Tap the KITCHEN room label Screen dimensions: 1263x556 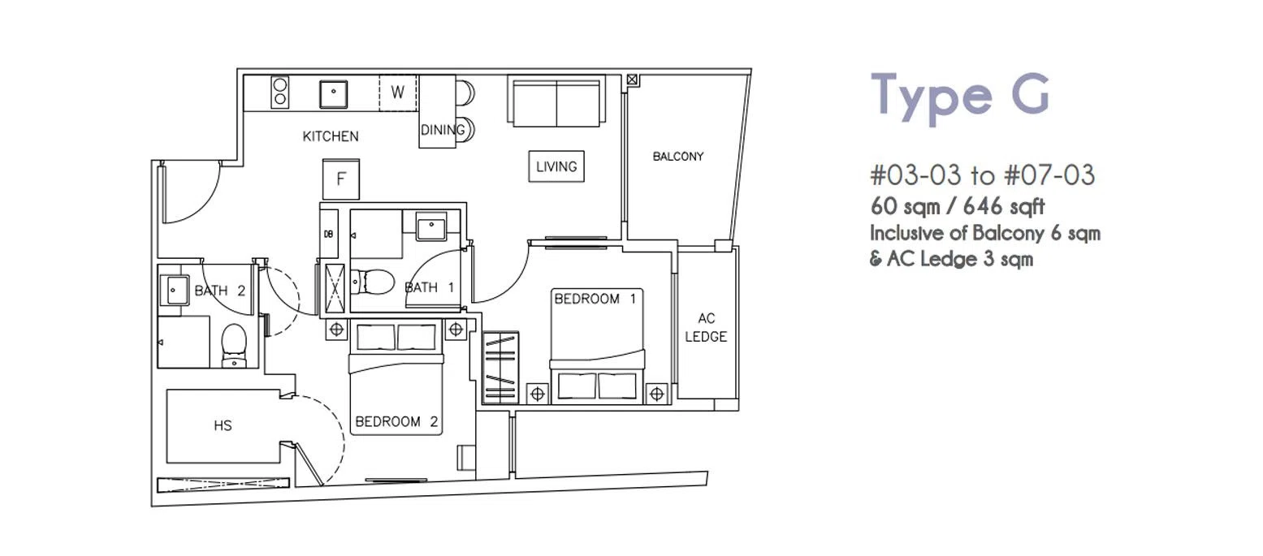pyautogui.click(x=331, y=136)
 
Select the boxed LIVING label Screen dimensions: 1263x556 pyautogui.click(x=556, y=166)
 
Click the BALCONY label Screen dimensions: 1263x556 pyautogui.click(x=678, y=157)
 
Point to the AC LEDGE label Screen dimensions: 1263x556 pyautogui.click(x=706, y=327)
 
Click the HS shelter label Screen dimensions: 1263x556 pyautogui.click(x=223, y=425)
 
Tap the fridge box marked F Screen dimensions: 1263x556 pyautogui.click(x=341, y=179)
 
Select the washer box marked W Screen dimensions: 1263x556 pyautogui.click(x=397, y=93)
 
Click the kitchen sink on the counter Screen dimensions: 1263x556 pyautogui.click(x=334, y=93)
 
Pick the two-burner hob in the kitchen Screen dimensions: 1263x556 pyautogui.click(x=280, y=92)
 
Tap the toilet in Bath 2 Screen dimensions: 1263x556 pyautogui.click(x=234, y=343)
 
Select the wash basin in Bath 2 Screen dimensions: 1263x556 pyautogui.click(x=175, y=290)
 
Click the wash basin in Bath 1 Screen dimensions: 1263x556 pyautogui.click(x=431, y=226)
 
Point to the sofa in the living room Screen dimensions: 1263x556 pyautogui.click(x=556, y=101)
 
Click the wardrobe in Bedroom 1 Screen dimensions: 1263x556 pyautogui.click(x=500, y=368)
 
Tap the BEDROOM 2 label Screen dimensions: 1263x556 pyautogui.click(x=396, y=421)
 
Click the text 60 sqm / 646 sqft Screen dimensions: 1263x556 pyautogui.click(x=958, y=207)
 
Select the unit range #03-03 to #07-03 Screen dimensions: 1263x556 pyautogui.click(x=982, y=175)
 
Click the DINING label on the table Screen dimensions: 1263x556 pyautogui.click(x=443, y=130)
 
